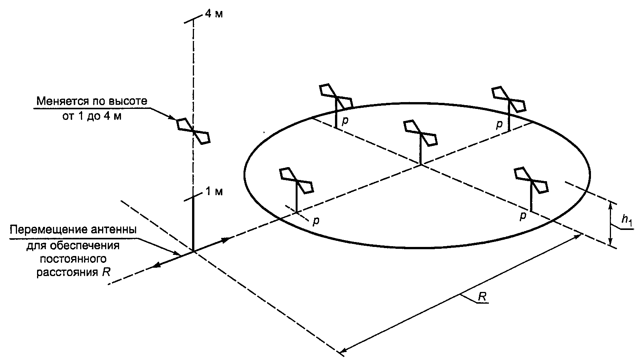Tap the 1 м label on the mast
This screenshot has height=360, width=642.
coord(214,191)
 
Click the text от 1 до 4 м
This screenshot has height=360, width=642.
coord(92,116)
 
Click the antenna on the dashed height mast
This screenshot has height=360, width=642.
coord(193,131)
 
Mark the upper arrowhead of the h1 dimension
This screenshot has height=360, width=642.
coord(610,204)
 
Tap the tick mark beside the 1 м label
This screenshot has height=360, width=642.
coord(193,197)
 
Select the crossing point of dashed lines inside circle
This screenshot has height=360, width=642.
coord(420,165)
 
